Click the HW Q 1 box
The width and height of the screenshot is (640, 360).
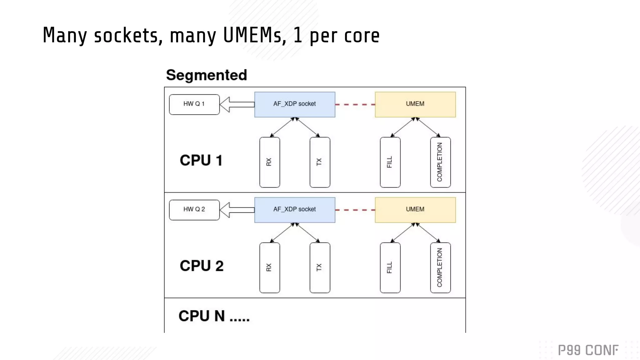tap(194, 104)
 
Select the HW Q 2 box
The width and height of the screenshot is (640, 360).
tap(194, 210)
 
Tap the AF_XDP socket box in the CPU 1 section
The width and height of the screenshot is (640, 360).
tap(295, 104)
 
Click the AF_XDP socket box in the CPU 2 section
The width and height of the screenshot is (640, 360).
tap(295, 210)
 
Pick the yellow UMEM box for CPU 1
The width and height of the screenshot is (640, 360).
tap(415, 104)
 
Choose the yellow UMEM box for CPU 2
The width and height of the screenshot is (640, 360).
tap(415, 210)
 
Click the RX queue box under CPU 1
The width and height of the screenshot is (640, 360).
tap(269, 162)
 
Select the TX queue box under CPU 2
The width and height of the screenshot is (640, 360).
tap(320, 267)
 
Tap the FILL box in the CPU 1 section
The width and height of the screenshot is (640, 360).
tap(390, 162)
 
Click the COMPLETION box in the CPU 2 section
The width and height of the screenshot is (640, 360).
tap(440, 267)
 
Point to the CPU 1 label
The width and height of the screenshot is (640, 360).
tap(201, 160)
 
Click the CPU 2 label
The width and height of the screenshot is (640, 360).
tap(202, 266)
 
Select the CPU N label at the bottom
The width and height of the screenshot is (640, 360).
tap(214, 316)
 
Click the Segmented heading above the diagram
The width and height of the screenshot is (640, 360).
tap(206, 75)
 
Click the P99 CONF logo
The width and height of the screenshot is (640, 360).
tap(588, 350)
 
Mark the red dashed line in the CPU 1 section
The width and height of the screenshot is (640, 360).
tap(355, 104)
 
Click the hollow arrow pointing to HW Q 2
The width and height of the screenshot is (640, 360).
tap(237, 210)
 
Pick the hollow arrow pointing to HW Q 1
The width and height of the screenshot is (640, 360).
tap(237, 104)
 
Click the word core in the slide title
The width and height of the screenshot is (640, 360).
tap(362, 36)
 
